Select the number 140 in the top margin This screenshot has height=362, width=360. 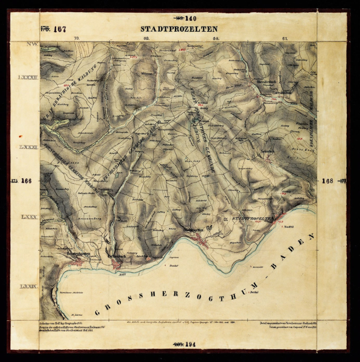tap(191, 18)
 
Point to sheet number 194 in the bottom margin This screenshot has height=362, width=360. tap(191, 344)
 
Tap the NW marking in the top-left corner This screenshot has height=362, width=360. tap(27, 44)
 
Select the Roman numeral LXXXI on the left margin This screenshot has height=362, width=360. tap(27, 148)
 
